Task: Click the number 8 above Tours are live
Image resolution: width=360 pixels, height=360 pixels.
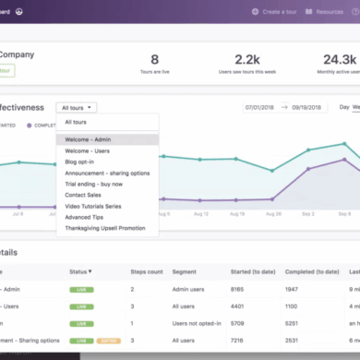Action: click(x=154, y=60)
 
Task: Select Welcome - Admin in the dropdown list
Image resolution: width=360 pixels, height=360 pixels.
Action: click(x=89, y=139)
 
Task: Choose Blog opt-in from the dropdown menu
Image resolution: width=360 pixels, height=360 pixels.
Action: click(x=80, y=162)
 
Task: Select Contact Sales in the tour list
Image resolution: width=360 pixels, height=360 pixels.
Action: click(x=84, y=195)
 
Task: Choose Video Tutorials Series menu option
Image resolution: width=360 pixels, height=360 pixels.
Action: click(x=94, y=206)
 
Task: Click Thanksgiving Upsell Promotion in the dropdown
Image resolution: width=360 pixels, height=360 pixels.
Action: click(x=104, y=228)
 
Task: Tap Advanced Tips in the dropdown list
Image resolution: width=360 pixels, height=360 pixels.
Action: click(x=84, y=217)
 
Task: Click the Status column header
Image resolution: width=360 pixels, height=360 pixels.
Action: click(x=81, y=272)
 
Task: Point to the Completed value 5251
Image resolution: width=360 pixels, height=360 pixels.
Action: click(x=294, y=324)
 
